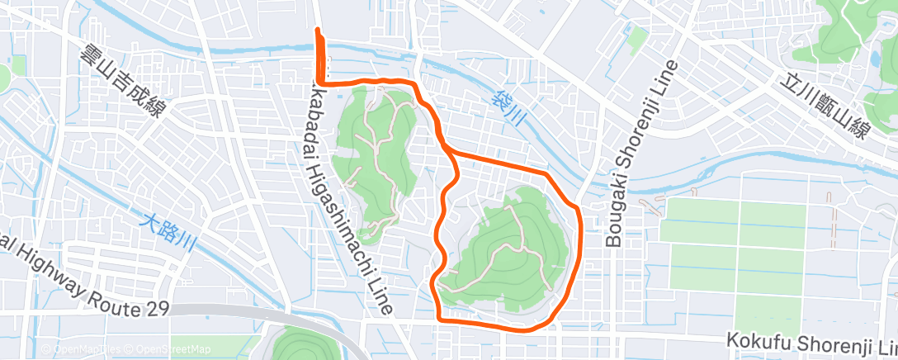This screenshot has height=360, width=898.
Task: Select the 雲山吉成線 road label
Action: pos(119,80)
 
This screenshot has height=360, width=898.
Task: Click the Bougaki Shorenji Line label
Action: pos(641,154)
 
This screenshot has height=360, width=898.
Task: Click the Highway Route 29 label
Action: pos(83,282)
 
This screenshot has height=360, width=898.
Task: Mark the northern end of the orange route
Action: pos(318,31)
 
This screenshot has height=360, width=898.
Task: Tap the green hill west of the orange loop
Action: pos(376,157)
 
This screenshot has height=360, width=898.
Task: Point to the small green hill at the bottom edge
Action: pos(301,345)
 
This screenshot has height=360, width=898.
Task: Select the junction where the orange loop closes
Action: pos(447,150)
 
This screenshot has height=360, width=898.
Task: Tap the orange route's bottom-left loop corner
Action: pos(437,317)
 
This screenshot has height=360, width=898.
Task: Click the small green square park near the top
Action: pos(636,38)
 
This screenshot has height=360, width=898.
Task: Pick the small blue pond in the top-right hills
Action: pos(875,59)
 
